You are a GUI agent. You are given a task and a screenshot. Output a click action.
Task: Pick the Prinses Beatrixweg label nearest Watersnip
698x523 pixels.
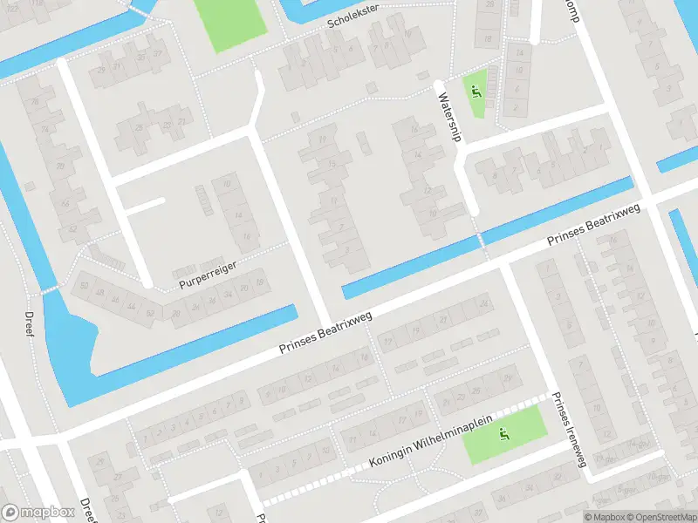593,225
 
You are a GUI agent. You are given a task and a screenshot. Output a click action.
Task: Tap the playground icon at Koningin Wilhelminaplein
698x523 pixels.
503,433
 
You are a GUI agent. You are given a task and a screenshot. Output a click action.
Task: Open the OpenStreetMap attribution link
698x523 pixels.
660,517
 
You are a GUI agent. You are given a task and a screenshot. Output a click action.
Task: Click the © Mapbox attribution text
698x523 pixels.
602,517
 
